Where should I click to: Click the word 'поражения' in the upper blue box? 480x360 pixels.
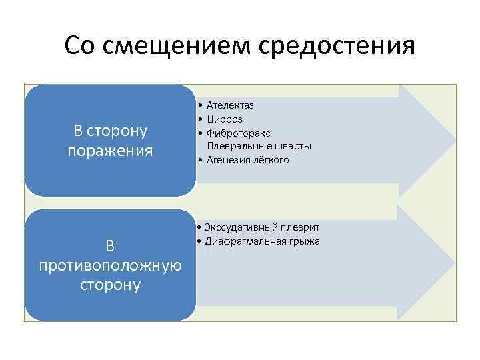pyautogui.click(x=110, y=151)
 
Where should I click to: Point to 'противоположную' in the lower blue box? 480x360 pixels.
pyautogui.click(x=110, y=265)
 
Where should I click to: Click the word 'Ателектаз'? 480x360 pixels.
pyautogui.click(x=230, y=105)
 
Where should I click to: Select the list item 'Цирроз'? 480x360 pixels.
pyautogui.click(x=225, y=119)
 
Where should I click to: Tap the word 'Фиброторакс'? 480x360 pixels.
pyautogui.click(x=239, y=133)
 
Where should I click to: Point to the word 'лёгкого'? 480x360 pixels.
pyautogui.click(x=272, y=160)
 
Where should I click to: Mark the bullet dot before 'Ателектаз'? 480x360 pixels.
pyautogui.click(x=200, y=105)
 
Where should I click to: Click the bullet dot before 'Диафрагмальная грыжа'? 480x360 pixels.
pyautogui.click(x=200, y=241)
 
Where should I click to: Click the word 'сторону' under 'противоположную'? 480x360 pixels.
pyautogui.click(x=110, y=285)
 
